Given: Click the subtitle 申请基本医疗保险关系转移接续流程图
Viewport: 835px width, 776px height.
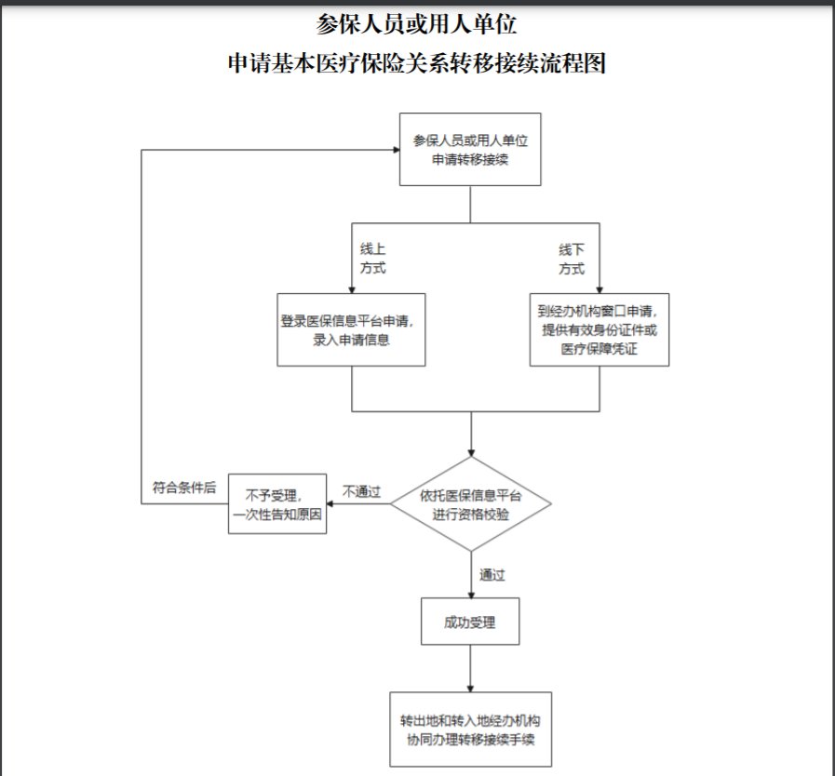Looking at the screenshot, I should (417, 63).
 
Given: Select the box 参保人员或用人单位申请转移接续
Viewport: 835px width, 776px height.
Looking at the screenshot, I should (470, 150).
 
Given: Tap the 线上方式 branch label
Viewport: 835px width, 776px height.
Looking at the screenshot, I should (373, 259).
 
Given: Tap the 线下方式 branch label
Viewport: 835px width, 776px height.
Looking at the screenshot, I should (572, 259).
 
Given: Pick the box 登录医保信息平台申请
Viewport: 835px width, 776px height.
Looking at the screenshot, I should (352, 330).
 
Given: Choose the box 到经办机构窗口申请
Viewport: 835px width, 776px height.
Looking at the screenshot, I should (599, 330).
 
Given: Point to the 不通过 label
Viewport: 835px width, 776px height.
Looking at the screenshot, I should (361, 491).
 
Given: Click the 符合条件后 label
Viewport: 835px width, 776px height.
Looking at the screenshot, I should (184, 487).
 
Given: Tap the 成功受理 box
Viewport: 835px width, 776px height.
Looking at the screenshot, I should (471, 621).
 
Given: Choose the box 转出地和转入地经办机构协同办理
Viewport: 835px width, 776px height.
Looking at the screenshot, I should (471, 729).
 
